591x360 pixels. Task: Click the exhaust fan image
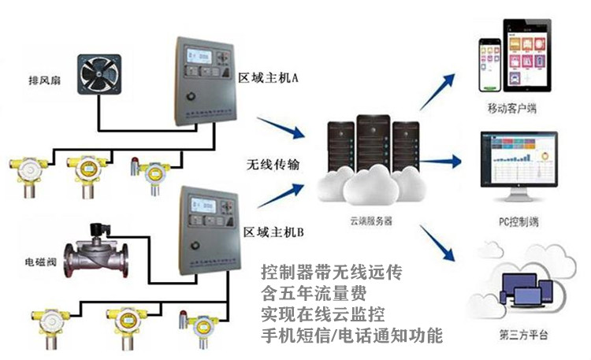(99, 79)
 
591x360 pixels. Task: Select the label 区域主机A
(271, 78)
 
